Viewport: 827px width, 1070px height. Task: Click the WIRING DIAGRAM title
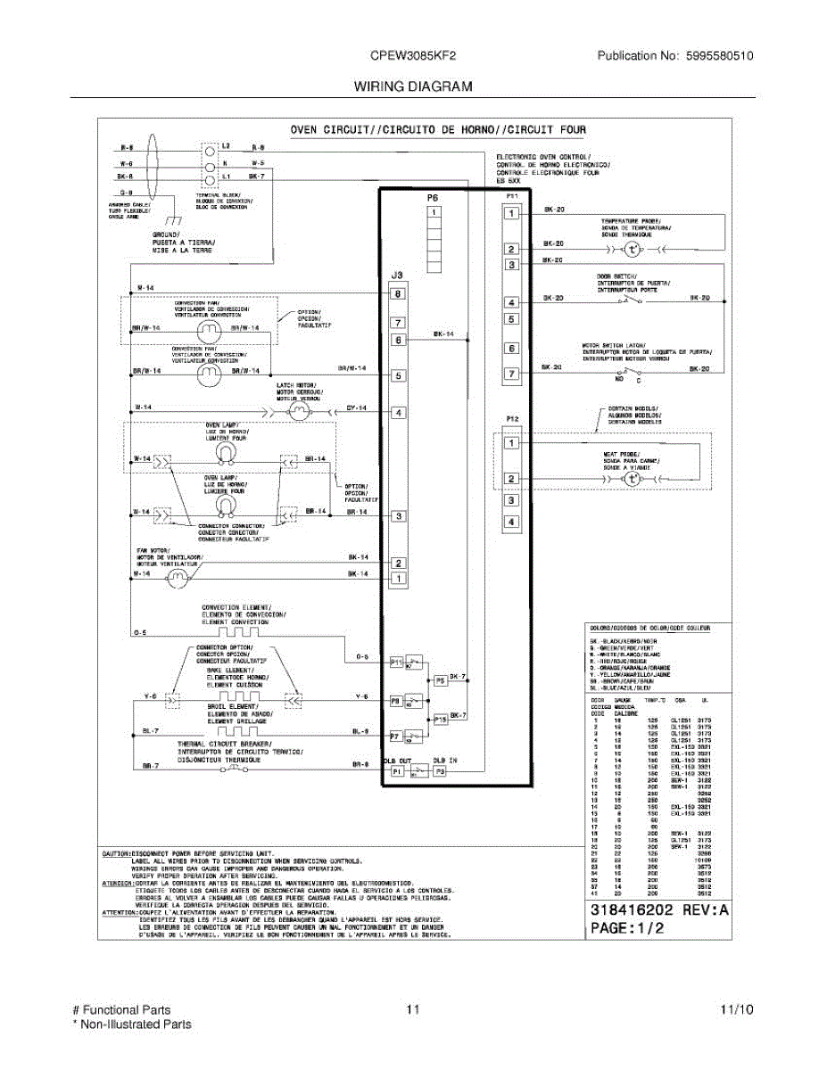tap(413, 86)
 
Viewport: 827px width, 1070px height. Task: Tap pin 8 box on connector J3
tap(398, 293)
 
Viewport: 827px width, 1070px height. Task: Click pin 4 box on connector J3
tap(398, 413)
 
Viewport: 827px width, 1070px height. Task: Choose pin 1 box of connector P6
tap(434, 213)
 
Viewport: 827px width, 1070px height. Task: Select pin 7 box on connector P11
tap(511, 374)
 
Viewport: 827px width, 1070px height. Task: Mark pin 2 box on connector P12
tap(511, 479)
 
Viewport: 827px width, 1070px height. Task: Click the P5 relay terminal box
tap(440, 680)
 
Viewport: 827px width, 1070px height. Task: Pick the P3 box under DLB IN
tap(440, 771)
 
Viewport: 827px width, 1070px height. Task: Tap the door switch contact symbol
tap(631, 300)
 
